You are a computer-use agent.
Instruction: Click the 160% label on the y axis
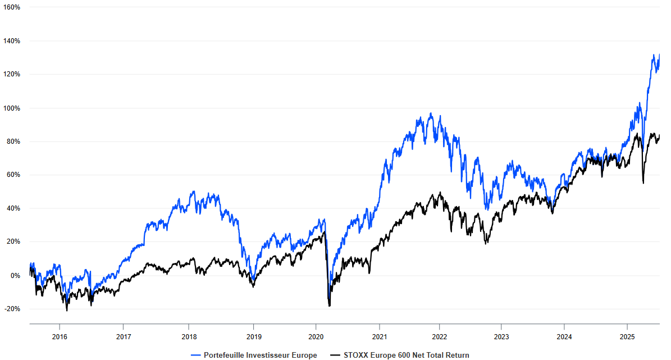click(x=12, y=7)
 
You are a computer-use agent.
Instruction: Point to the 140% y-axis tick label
click(x=12, y=41)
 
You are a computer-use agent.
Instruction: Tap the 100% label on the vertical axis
click(x=12, y=108)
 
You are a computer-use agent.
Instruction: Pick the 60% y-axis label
click(x=13, y=175)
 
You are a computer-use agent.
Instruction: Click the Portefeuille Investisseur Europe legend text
click(x=261, y=355)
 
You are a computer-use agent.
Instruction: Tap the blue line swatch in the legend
click(x=196, y=355)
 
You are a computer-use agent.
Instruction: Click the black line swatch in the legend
click(x=335, y=355)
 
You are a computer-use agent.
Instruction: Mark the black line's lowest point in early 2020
click(x=329, y=306)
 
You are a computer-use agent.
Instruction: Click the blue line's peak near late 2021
click(x=431, y=113)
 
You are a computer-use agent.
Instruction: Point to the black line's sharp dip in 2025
click(x=643, y=183)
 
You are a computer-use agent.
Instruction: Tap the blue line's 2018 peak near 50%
click(x=193, y=192)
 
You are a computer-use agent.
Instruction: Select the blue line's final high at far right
click(x=659, y=54)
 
